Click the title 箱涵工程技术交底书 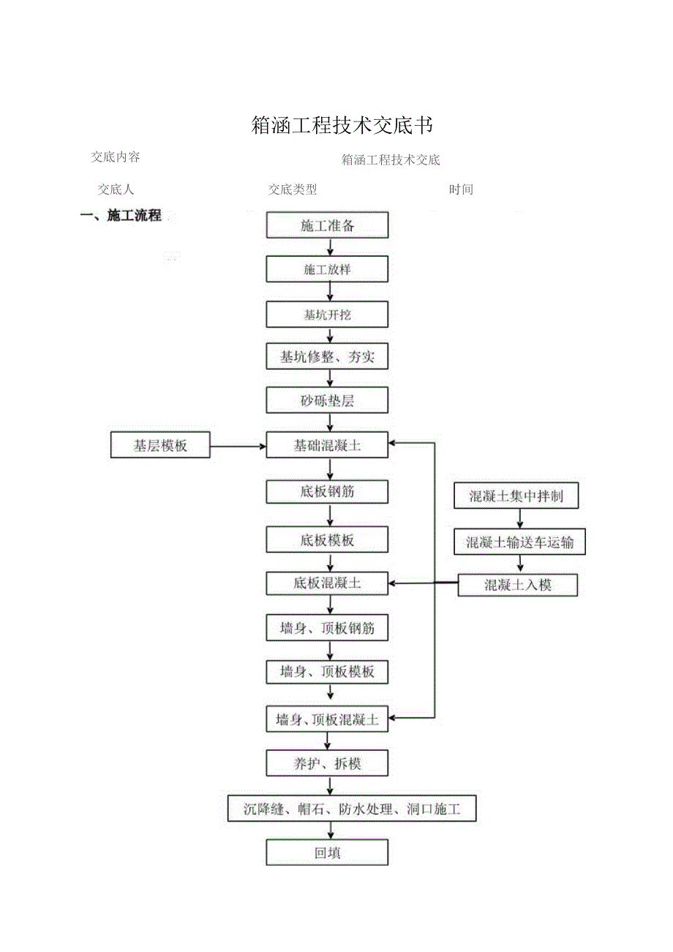coord(342,126)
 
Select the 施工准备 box coord(327,225)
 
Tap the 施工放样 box coord(327,270)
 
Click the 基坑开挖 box coord(327,314)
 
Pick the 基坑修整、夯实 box coord(327,358)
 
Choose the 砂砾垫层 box coord(327,401)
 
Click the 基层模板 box coord(160,445)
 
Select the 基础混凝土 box coord(327,445)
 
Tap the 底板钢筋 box coord(327,492)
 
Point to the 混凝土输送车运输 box coord(519,543)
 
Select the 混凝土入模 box coord(518,585)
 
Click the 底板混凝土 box coord(327,583)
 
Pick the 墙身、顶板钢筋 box coord(327,628)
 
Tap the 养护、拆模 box coord(327,764)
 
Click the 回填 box coord(327,853)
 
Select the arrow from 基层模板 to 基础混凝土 coord(238,445)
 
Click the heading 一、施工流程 coord(121,216)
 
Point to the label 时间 coord(461,190)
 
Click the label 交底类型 coord(293,190)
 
